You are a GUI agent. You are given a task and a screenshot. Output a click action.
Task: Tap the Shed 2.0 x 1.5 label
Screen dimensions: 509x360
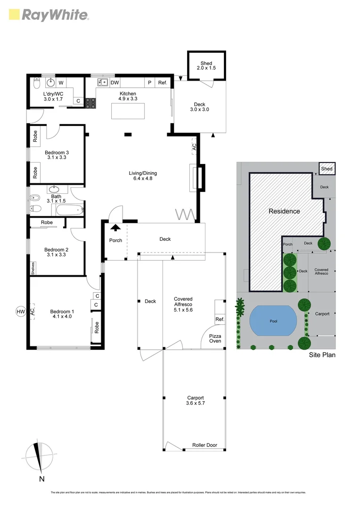click(206, 66)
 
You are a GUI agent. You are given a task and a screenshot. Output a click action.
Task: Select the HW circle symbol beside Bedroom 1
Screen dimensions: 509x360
click(20, 312)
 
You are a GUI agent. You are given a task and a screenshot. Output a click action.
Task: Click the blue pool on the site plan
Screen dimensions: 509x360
click(273, 321)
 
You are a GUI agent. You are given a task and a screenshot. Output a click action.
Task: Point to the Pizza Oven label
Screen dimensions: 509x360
click(215, 338)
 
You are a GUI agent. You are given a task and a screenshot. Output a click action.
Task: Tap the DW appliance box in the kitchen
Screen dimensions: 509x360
click(115, 82)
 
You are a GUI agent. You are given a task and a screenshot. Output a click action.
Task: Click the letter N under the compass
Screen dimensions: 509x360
click(42, 479)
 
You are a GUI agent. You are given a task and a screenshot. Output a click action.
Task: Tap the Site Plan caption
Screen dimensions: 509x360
click(322, 355)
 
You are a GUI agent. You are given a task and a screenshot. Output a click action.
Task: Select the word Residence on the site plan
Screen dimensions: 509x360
click(284, 211)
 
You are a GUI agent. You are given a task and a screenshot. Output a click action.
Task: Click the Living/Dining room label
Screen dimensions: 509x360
click(143, 176)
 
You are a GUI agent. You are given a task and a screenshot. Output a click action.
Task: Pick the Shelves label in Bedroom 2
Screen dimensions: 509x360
click(33, 268)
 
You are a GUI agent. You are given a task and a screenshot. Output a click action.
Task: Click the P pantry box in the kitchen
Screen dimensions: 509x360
click(149, 82)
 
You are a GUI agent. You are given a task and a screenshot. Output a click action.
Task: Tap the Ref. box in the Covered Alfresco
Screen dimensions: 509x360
click(220, 319)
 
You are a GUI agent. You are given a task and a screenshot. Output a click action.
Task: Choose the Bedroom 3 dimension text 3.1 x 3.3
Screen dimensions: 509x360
click(57, 158)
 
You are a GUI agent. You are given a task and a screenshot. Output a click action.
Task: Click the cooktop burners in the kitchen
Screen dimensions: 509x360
click(90, 103)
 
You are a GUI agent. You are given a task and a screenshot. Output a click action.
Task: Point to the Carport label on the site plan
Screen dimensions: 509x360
click(322, 314)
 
